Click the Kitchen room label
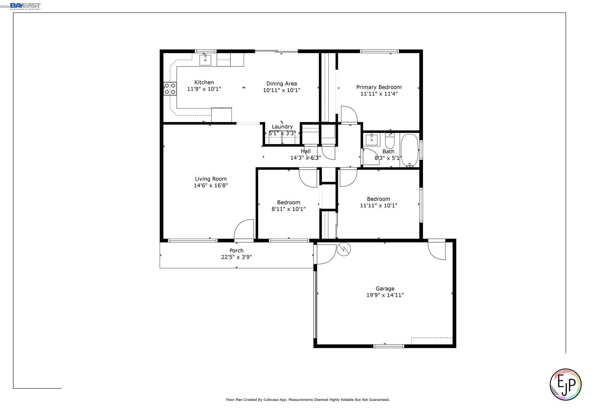204,82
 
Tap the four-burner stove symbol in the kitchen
170,89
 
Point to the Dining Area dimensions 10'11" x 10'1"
282,90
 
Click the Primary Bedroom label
379,87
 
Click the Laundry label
282,127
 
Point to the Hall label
306,151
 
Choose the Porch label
236,251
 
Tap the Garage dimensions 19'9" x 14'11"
385,295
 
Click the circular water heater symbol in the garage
344,249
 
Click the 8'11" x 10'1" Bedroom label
288,202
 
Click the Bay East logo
25,6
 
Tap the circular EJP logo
565,384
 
